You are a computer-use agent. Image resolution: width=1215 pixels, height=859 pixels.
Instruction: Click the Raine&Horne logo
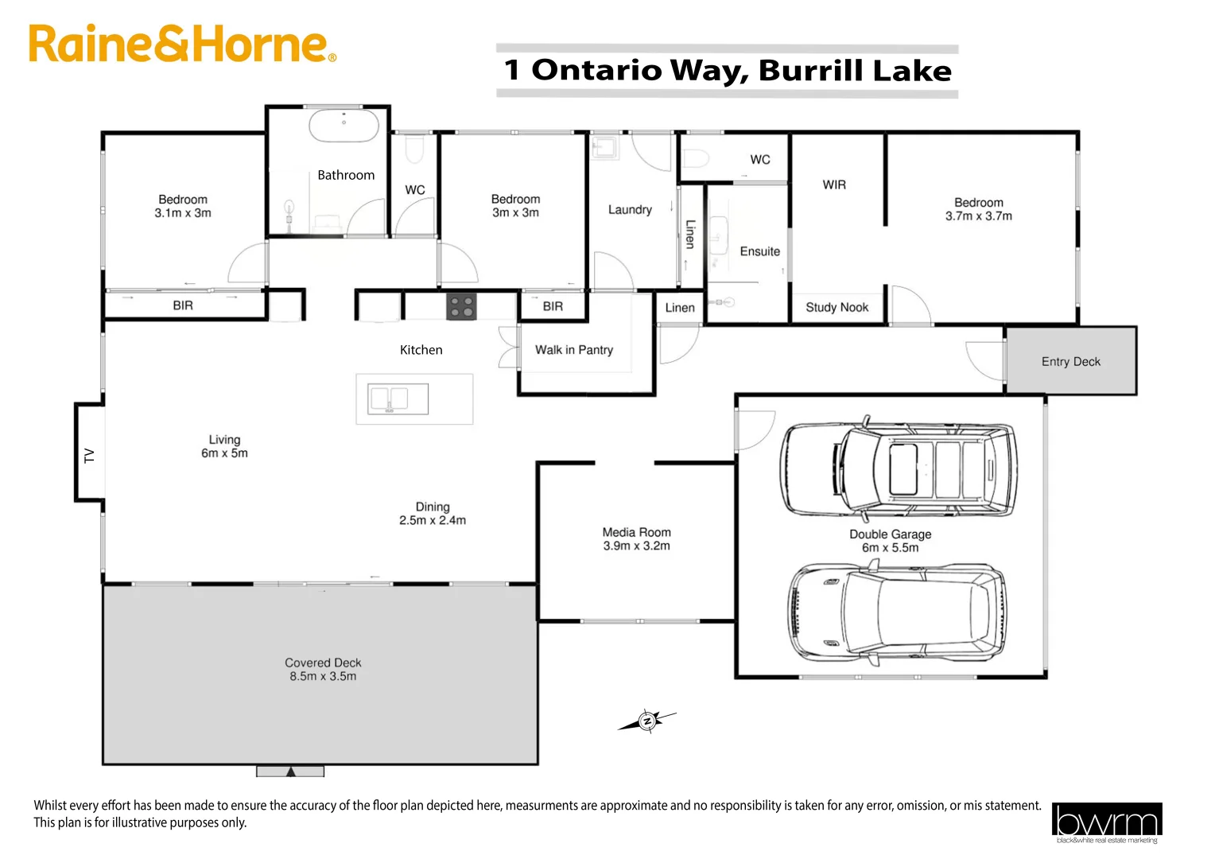[x=182, y=44]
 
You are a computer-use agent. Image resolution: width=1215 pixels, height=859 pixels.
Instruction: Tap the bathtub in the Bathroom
[x=344, y=126]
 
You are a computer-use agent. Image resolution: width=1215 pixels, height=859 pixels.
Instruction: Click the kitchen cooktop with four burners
[x=461, y=307]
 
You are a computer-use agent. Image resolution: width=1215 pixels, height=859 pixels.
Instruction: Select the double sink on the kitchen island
[x=398, y=399]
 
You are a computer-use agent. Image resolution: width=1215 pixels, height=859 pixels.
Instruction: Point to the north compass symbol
[x=646, y=721]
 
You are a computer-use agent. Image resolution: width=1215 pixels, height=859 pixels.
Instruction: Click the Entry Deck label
[x=1071, y=362]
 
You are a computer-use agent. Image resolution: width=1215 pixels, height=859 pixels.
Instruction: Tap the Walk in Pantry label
[x=574, y=350]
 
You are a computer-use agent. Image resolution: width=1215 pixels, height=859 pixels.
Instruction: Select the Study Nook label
[x=837, y=308]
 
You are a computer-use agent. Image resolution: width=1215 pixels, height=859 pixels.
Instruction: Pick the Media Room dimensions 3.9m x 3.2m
[x=636, y=546]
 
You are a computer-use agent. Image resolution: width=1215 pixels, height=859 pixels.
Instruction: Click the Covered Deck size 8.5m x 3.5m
[x=323, y=676]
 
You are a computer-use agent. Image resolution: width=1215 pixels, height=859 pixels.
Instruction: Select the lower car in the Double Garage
[x=897, y=613]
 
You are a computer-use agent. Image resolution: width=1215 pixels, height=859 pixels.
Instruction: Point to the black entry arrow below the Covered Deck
[x=291, y=772]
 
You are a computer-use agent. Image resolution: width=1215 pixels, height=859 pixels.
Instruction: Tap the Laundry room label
[x=630, y=210]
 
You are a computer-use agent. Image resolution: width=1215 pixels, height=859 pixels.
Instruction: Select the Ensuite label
[x=760, y=252]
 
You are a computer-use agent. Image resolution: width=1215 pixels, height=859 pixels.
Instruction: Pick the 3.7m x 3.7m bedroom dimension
[x=979, y=216]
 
